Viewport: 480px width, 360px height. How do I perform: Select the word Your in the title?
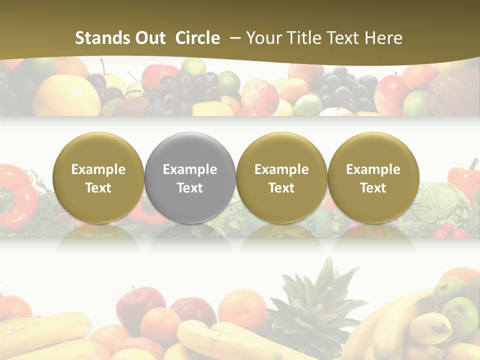263,38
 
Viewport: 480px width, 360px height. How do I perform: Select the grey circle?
190,177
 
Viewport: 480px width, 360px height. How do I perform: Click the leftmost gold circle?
98,177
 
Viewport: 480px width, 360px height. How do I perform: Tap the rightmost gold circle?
373,177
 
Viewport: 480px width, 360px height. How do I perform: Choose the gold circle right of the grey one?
281,177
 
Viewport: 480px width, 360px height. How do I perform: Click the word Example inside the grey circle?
190,169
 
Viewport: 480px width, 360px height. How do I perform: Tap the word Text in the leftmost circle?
98,188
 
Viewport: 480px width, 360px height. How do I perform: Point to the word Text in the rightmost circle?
373,188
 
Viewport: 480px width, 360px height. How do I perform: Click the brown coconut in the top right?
452,92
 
